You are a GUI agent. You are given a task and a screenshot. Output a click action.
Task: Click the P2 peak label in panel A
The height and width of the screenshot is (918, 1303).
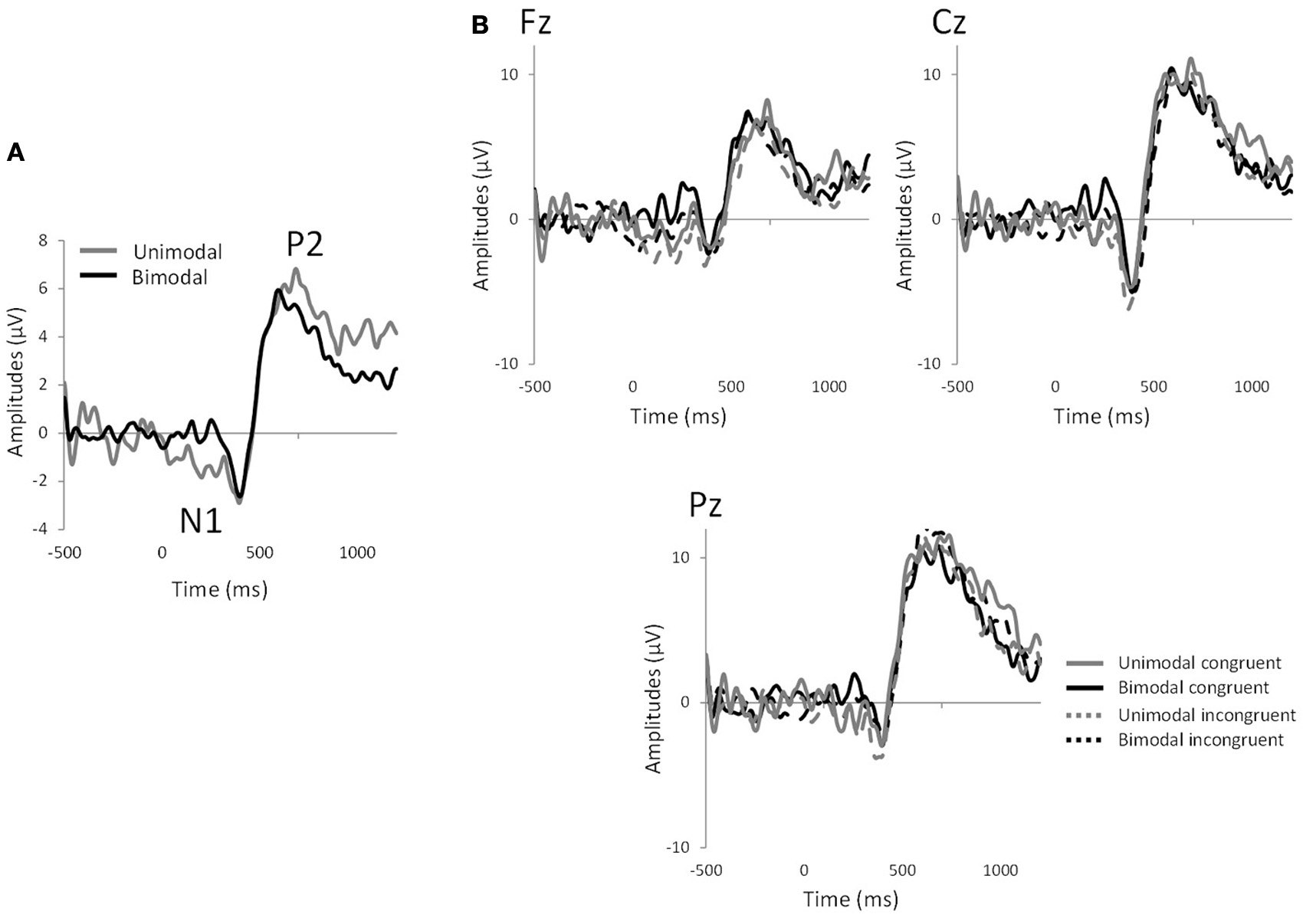305,244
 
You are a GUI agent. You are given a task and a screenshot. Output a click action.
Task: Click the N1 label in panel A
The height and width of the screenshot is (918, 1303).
201,522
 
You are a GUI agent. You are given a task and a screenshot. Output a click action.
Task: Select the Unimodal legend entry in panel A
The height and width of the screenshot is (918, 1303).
177,251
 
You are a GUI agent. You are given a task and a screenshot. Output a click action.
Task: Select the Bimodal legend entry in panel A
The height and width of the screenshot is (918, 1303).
169,277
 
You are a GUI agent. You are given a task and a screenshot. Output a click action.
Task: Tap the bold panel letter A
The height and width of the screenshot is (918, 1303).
15,153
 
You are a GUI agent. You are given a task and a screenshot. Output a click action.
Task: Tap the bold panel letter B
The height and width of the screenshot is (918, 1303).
480,26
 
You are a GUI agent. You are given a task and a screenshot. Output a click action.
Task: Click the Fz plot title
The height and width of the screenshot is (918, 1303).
535,23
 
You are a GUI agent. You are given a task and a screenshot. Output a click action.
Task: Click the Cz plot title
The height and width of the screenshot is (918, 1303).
949,23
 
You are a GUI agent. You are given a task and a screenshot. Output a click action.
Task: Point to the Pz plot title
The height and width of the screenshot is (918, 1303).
705,507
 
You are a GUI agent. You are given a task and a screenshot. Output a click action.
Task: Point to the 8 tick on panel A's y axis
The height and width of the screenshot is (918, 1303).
42,241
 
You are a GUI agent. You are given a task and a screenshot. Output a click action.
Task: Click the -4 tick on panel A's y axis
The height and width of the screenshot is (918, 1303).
38,529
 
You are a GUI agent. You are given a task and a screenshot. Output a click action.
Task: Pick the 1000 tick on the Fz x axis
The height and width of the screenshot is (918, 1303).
829,387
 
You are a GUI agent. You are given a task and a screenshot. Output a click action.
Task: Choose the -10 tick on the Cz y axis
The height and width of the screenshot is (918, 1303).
930,363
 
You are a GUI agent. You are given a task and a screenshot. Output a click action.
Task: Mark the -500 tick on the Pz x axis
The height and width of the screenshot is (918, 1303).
706,870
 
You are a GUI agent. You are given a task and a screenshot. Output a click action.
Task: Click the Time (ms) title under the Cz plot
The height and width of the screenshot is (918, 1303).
1101,416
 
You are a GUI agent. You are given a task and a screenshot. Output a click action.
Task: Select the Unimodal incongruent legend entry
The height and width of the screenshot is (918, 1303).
1206,715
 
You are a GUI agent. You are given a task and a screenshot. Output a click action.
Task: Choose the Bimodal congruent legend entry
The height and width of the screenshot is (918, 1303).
1193,688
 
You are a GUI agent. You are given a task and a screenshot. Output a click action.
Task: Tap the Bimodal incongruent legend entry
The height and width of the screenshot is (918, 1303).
1200,740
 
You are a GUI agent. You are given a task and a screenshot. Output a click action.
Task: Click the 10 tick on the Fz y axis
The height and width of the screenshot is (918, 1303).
510,74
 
